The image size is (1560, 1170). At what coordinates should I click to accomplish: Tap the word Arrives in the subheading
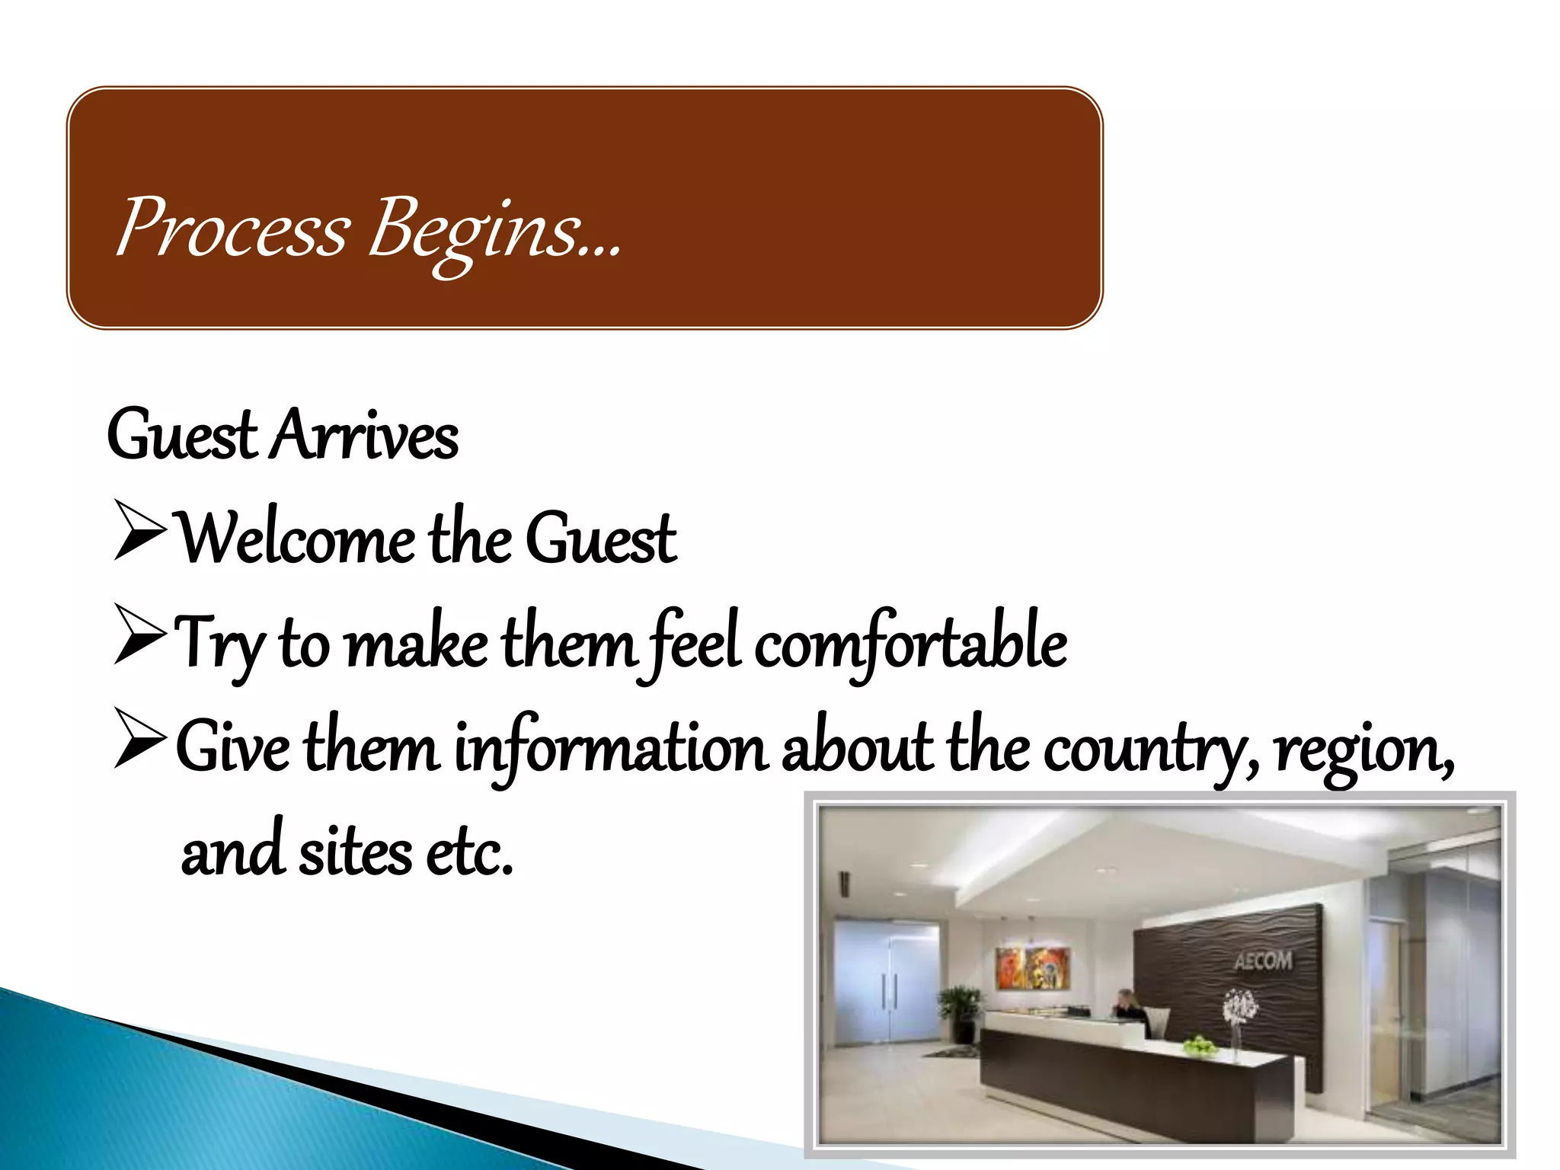366,436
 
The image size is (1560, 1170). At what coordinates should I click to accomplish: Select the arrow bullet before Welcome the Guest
139,531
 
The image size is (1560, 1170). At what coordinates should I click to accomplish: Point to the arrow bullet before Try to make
139,634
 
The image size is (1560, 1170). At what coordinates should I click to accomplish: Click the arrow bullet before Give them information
139,737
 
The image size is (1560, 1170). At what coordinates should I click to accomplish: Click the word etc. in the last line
469,853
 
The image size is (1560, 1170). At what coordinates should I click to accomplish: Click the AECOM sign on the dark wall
1263,961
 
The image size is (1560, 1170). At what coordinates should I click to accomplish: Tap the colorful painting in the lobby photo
1033,967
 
